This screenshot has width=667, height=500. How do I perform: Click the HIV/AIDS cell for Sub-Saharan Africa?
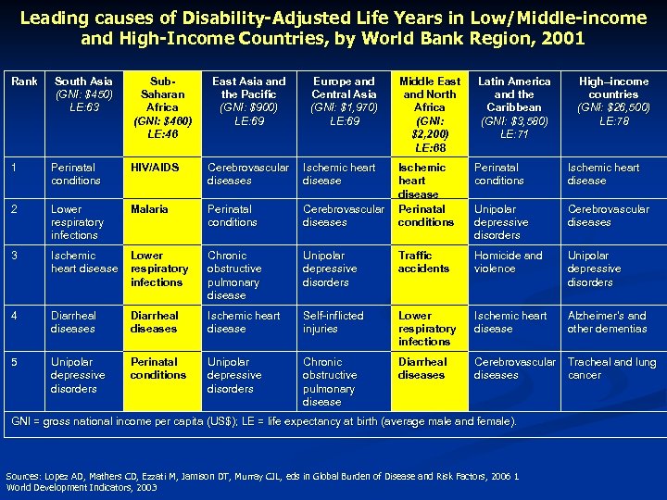click(155, 168)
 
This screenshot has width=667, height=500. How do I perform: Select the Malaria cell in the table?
click(149, 209)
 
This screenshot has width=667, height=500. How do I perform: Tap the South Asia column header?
click(83, 94)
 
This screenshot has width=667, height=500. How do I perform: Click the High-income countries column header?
click(613, 101)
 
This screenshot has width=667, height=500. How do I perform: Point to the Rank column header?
click(24, 81)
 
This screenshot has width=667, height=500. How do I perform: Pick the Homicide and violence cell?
click(508, 262)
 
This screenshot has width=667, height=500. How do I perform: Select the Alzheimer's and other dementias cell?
click(607, 322)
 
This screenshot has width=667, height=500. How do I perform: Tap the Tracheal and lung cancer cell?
click(611, 369)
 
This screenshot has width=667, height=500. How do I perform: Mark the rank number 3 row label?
click(14, 256)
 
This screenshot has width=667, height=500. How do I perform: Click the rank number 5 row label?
click(14, 362)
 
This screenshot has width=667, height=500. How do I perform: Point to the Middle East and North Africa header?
click(429, 114)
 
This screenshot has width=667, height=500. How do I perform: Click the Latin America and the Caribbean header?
click(513, 107)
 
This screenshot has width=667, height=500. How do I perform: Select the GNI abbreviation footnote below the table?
click(264, 422)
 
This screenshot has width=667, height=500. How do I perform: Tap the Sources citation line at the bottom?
click(262, 476)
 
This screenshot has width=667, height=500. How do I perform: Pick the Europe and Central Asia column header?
click(344, 101)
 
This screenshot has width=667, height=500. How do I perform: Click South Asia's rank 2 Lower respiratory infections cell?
click(78, 222)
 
